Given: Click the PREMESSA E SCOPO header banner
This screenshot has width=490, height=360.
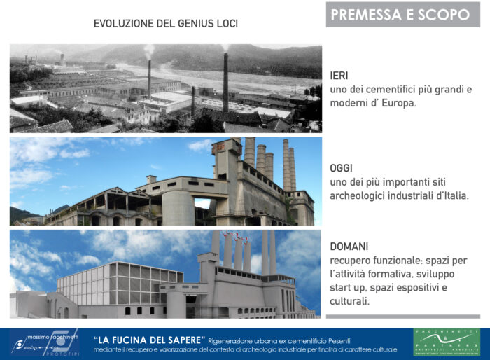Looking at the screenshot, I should click(x=400, y=15).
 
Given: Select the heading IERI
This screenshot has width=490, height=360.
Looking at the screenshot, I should click(x=340, y=75).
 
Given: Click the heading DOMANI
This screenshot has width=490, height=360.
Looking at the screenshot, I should click(x=349, y=247).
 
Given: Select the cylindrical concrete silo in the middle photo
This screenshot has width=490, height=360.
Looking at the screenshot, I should click(x=177, y=208).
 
